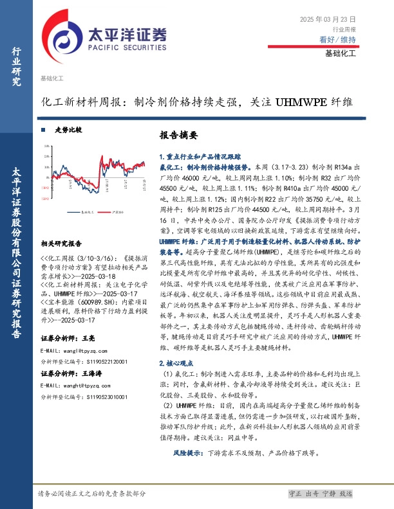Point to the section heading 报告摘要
(x=178, y=136)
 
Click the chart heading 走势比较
(x=68, y=130)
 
